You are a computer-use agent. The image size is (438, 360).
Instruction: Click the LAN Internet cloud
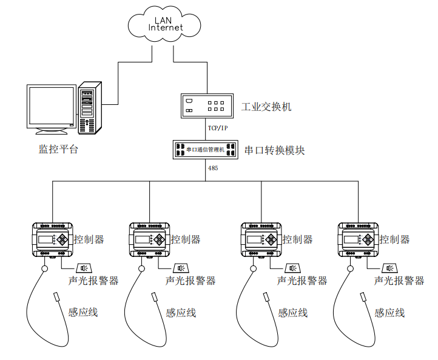pos(164,24)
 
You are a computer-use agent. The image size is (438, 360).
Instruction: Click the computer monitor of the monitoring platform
pos(52,107)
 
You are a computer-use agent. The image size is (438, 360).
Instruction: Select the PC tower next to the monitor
pos(89,107)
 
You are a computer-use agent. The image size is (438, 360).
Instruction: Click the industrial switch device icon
pos(207,105)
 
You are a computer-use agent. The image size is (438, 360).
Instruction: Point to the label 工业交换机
pos(266,107)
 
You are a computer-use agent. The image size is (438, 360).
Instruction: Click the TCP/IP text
pos(217,128)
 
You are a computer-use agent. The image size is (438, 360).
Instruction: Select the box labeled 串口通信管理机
pos(206,149)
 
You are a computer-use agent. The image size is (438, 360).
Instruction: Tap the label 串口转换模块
pos(274,150)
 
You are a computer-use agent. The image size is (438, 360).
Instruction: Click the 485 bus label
pos(213,168)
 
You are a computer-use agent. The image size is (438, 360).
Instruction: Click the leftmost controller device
pos(52,239)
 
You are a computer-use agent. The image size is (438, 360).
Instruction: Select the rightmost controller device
pos(359,239)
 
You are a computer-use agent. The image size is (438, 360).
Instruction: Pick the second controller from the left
pos(150,239)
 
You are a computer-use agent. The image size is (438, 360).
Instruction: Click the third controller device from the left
pos(261,239)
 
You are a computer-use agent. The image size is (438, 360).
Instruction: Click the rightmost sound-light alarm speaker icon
pos(389,268)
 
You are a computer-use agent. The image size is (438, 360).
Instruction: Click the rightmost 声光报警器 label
pos(399,281)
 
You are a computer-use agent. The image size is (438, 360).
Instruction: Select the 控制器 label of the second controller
pos(186,239)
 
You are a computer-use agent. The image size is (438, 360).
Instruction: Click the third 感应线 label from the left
pos(293,313)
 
